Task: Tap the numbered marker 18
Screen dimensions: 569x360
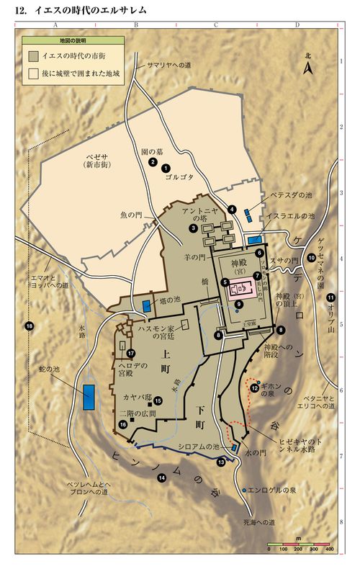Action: [30, 326]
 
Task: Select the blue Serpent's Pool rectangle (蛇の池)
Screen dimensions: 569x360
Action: [89, 397]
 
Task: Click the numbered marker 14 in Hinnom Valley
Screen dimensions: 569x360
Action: [162, 477]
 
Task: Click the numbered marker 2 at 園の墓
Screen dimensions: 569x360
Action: [153, 163]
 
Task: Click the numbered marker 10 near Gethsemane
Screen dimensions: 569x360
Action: [311, 257]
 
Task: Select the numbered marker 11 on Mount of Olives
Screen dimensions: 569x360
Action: [330, 297]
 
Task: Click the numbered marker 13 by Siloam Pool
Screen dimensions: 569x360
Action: [221, 462]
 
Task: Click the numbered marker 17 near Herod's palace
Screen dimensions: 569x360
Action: [131, 353]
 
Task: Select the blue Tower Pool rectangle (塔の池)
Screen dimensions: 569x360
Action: [147, 305]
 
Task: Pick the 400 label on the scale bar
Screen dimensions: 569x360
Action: [329, 550]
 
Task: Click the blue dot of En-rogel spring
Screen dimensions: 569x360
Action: [244, 490]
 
